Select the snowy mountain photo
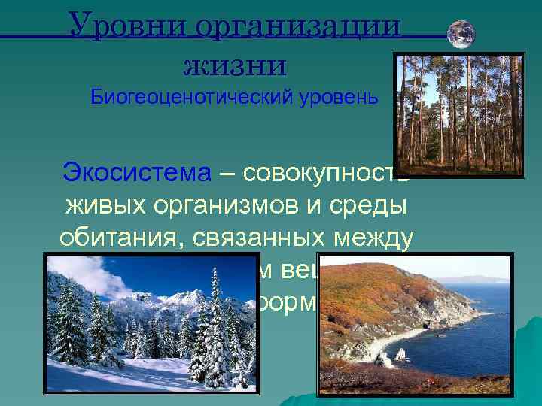coord(150,323)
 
